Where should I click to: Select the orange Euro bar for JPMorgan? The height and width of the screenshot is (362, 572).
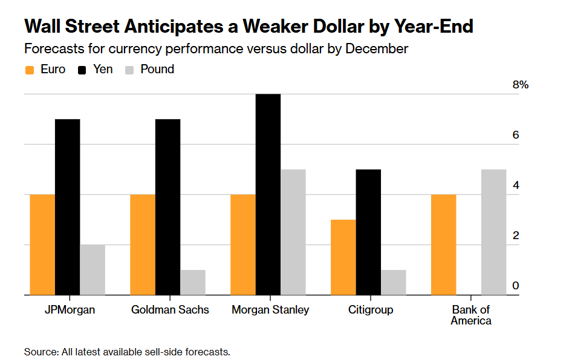coord(42,245)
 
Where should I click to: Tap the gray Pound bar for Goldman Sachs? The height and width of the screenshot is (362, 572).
coord(193,282)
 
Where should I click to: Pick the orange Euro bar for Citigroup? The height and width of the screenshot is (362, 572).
coord(343,257)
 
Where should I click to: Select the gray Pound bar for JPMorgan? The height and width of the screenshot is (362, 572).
coord(93,270)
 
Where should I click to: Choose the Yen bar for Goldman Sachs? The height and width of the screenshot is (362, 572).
coord(167,207)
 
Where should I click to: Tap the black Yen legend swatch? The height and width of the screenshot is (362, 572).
coord(83,70)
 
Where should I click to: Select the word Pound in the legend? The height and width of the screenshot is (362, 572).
coord(157,69)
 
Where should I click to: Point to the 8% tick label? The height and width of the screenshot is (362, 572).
coord(520,85)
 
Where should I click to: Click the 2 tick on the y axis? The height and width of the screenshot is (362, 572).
coord(516,235)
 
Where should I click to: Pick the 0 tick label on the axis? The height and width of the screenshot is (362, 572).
coord(516,286)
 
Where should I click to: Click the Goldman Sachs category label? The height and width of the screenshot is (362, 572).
coord(170,310)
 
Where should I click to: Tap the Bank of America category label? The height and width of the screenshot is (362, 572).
coord(471,315)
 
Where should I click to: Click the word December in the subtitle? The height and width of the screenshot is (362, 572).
coord(376,48)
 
